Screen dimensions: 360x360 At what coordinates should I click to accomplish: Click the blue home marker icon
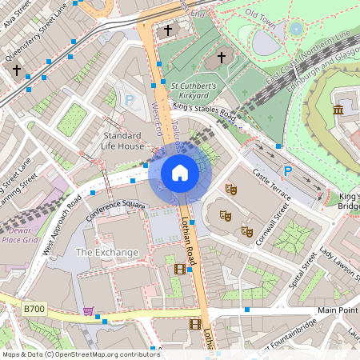180,173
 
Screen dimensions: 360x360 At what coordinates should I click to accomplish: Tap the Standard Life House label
123,141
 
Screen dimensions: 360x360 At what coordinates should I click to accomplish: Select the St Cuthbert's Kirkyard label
194,89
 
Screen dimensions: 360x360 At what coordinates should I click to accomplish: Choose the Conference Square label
115,209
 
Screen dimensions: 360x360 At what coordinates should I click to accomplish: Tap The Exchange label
106,252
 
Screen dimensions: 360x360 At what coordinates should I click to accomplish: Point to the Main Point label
338,310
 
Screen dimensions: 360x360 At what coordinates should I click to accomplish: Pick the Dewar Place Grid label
20,234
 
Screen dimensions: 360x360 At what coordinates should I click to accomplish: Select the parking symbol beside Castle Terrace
288,170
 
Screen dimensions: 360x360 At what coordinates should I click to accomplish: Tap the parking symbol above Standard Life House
130,101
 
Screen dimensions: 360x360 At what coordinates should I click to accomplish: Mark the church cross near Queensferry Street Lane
17,70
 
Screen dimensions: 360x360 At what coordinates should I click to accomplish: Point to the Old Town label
261,14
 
